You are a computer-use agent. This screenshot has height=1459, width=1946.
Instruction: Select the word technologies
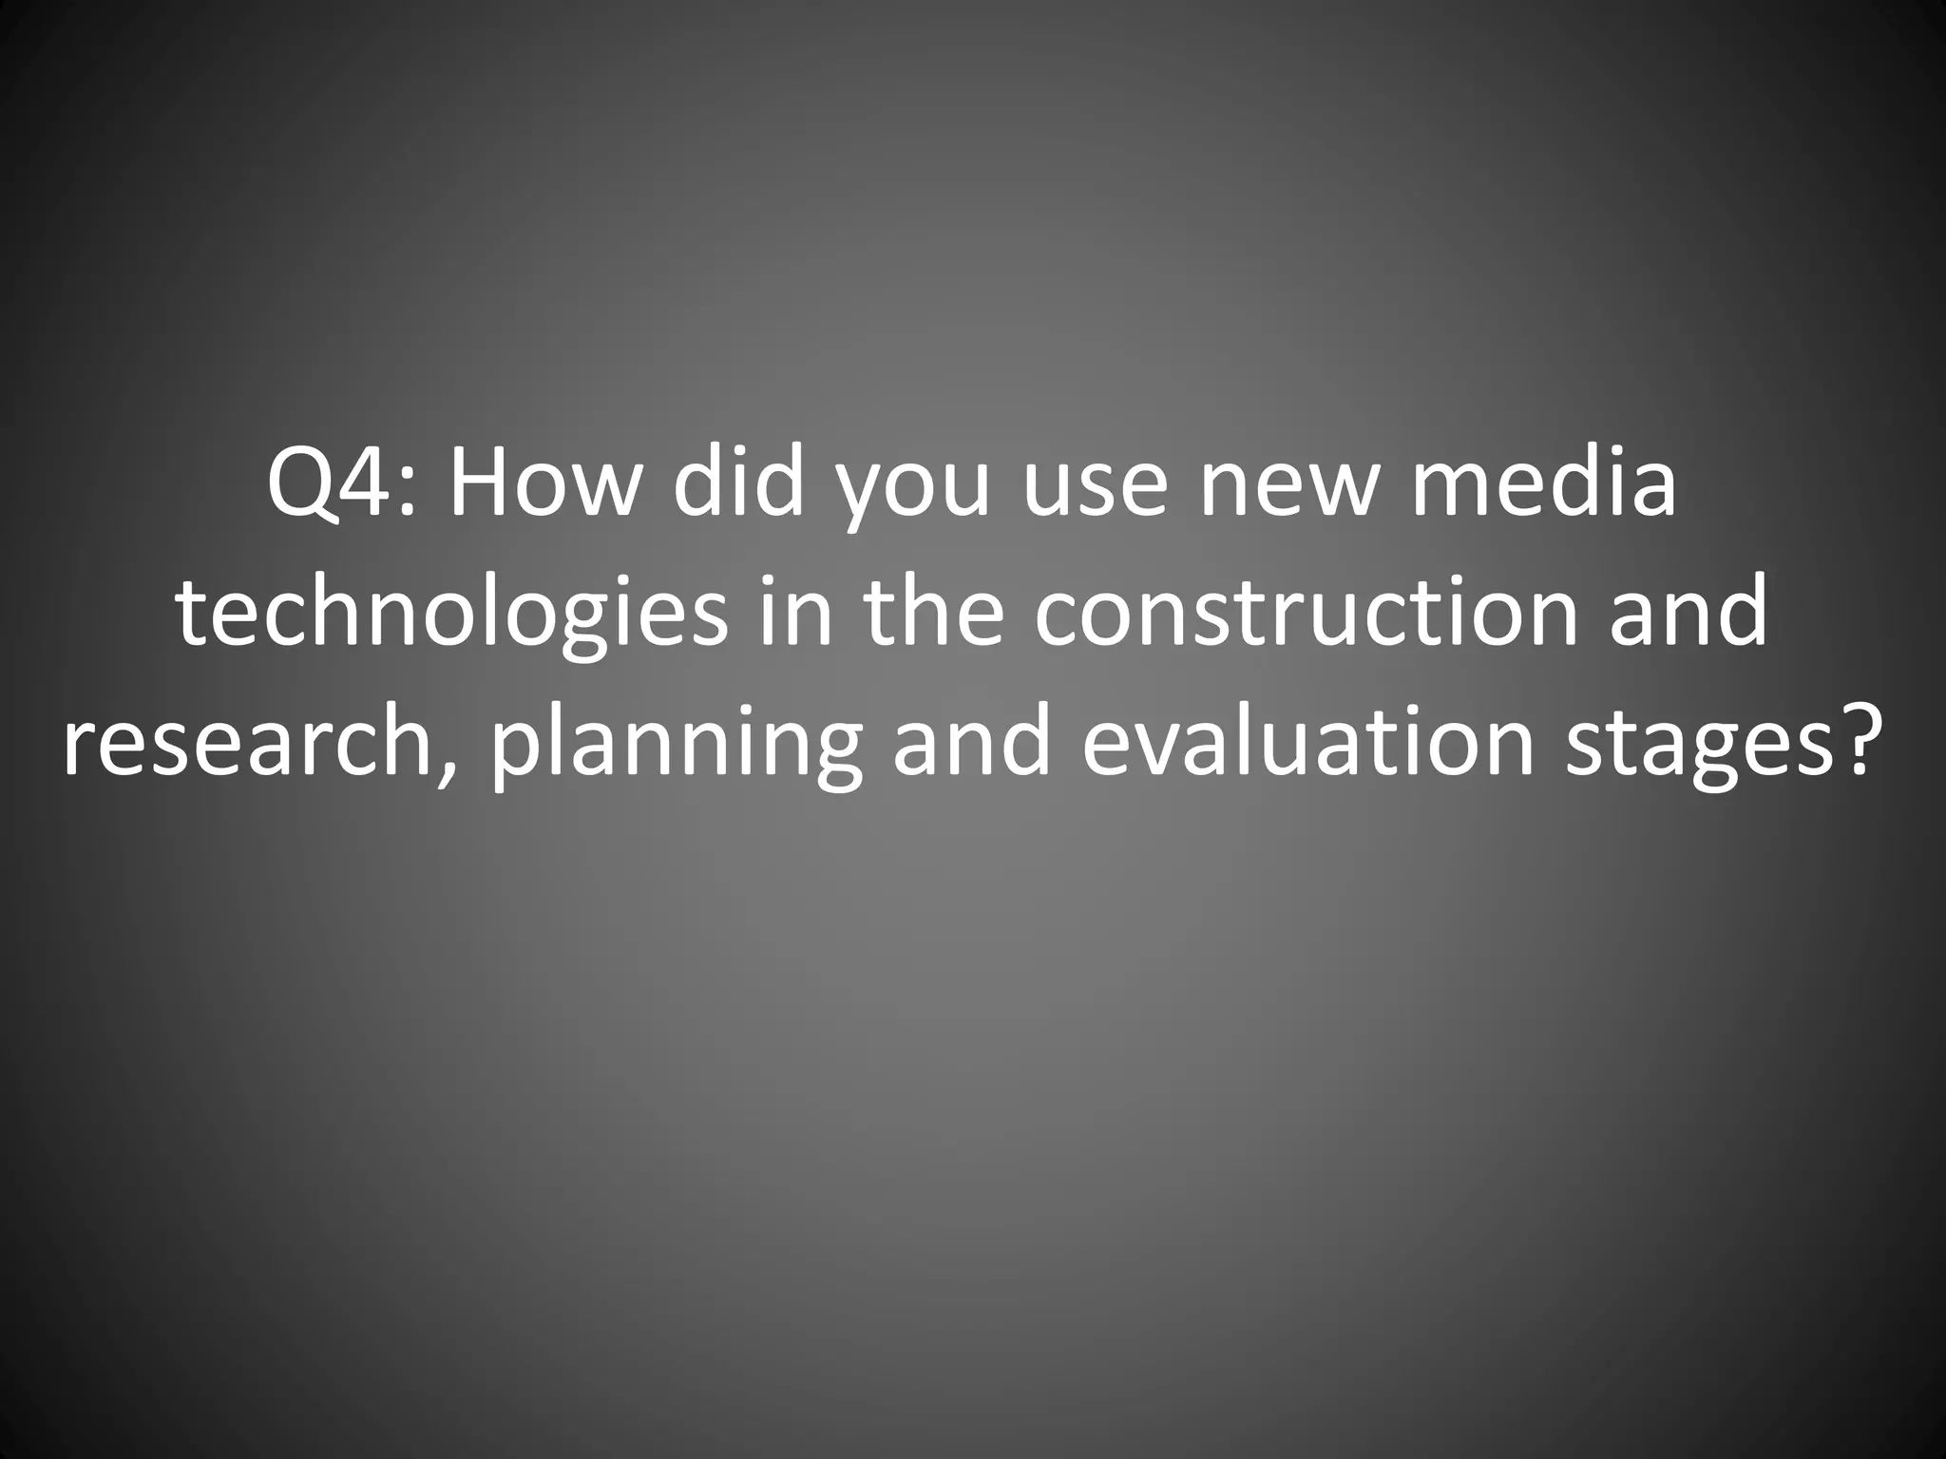pos(451,615)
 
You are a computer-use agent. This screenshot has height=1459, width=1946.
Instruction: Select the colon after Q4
pos(408,496)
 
